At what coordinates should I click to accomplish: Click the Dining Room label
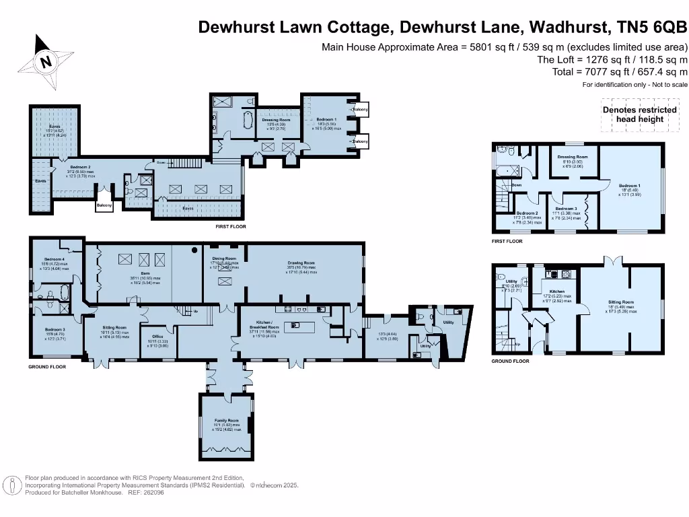[225, 258]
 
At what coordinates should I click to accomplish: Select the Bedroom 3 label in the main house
[55, 329]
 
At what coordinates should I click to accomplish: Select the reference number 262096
[154, 492]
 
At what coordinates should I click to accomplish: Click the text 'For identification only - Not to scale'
[635, 85]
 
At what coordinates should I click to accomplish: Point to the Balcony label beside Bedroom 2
[104, 205]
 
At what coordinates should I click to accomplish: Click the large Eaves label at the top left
[54, 125]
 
